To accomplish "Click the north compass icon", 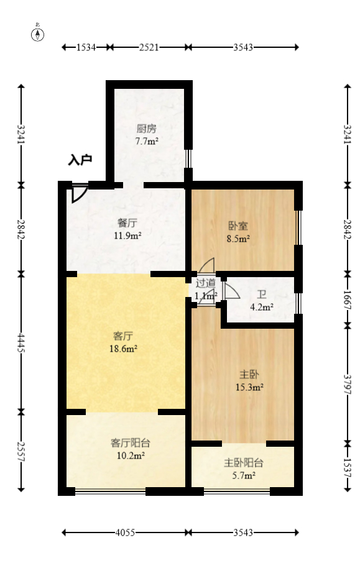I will pos(39,34).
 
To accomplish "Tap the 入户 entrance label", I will pos(80,160).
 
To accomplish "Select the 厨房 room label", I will pos(146,129).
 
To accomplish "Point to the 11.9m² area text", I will pos(127,235).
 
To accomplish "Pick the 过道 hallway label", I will pos(205,283).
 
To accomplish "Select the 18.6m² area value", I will pos(123,349).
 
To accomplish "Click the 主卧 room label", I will pos(249,374).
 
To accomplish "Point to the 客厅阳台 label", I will pos(130,443).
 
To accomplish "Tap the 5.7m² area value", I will pos(243,476).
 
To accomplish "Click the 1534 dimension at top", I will pos(86,47).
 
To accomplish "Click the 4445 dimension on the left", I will pos(22,342).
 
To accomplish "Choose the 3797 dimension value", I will pos(347,383).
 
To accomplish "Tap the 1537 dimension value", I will pos(347,467).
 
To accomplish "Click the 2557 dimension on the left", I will pos(22,451).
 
